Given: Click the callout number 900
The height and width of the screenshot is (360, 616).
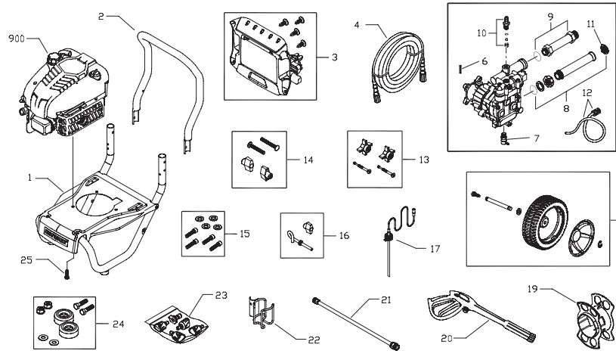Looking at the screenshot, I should pos(17,39).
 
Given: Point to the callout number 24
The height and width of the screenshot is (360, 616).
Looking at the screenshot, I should pos(118,324).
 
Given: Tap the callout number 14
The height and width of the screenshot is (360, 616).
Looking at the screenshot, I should pos(308,160).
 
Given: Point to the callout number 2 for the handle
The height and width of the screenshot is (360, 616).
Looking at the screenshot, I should pos(101,15).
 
